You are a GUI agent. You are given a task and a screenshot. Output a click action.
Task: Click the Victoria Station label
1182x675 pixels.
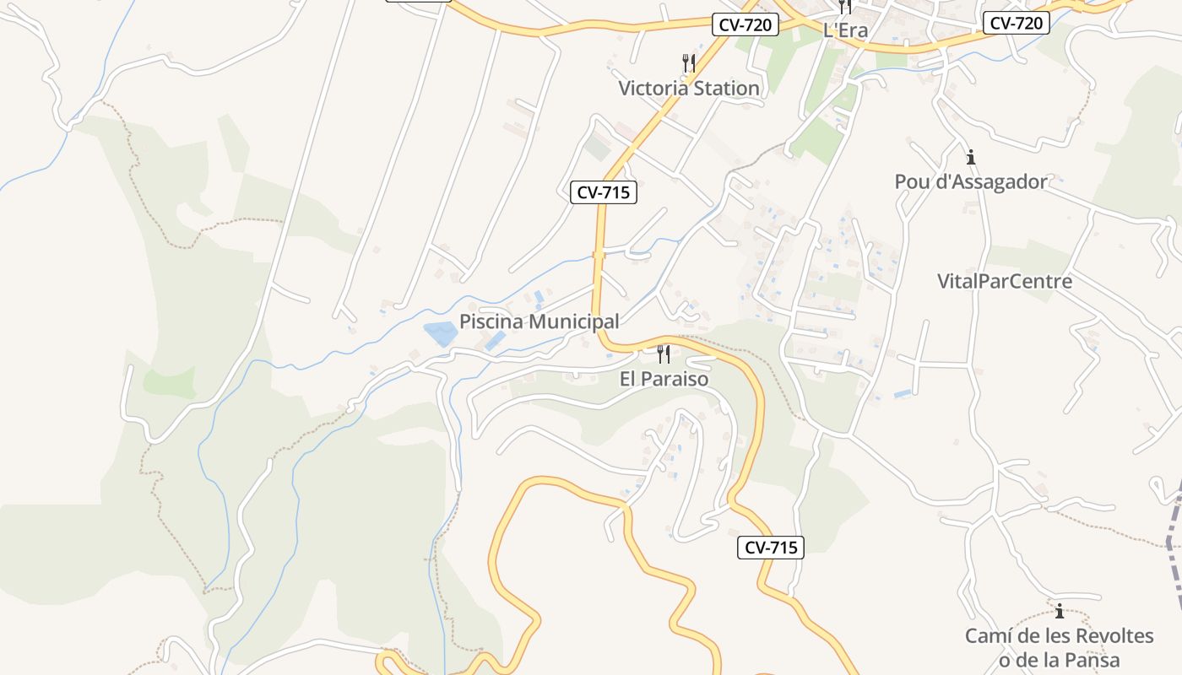(x=689, y=88)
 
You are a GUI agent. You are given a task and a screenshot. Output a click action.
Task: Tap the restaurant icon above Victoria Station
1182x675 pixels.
(x=689, y=62)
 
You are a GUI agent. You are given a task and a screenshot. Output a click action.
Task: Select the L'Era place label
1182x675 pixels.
(x=845, y=30)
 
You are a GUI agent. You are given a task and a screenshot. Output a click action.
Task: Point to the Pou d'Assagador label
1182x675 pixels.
(x=971, y=181)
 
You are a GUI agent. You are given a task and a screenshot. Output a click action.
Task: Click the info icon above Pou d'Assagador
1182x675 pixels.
(x=971, y=157)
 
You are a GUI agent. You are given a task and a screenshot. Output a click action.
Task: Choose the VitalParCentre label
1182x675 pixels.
(x=1005, y=281)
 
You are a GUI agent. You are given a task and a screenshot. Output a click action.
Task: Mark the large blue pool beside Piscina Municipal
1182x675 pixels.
(x=441, y=334)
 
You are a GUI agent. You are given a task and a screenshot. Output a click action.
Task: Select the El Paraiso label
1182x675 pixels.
(x=664, y=379)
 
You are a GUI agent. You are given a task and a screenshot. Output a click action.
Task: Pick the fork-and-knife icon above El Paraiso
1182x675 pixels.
(x=664, y=354)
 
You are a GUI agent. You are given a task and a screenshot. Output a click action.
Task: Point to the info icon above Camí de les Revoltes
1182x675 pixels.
(x=1060, y=611)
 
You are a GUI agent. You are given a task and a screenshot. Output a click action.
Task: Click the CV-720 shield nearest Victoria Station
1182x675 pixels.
(x=746, y=24)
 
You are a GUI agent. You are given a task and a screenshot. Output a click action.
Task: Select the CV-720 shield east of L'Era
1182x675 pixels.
(x=1017, y=23)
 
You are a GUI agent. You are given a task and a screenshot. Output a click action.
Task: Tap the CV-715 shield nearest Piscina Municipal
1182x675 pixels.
(x=604, y=192)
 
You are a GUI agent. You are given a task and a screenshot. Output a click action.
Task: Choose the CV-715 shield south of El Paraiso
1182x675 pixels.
(x=771, y=548)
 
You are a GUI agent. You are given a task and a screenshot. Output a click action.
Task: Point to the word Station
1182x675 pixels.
(x=726, y=88)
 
